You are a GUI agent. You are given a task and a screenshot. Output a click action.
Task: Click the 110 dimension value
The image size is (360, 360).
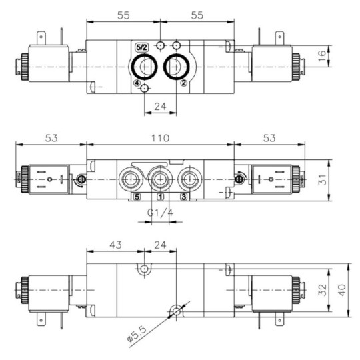pos(159,138)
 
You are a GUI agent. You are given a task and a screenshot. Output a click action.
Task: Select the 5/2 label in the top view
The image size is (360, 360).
pos(141,47)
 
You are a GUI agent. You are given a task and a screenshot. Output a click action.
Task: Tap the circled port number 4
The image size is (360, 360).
pos(137,84)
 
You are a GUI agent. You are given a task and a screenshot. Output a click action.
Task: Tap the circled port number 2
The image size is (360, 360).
pos(183,84)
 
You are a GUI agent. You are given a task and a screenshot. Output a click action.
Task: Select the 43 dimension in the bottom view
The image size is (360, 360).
pos(116,245)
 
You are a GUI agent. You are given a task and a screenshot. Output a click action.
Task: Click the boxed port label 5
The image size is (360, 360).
pos(136,197)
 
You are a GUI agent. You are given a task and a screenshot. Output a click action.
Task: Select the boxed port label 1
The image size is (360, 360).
pos(160,197)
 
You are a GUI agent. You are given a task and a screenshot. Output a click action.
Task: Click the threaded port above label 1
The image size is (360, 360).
pos(160,179)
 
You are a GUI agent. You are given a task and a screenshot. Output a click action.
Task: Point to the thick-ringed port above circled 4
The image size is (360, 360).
pos(144,66)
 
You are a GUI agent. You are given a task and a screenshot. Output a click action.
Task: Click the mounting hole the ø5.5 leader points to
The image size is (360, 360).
pos(176,311)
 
